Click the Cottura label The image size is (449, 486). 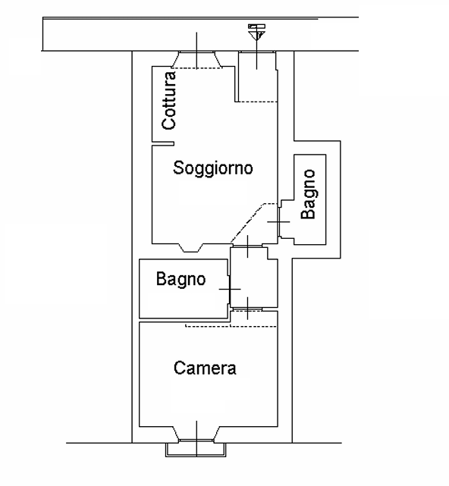(169, 100)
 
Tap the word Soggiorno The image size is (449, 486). (212, 168)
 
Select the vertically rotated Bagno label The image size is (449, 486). (309, 194)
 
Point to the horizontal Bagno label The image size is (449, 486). (181, 279)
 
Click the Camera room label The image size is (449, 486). (205, 368)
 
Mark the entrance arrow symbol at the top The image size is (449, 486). (257, 32)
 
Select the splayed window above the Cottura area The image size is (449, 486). (196, 60)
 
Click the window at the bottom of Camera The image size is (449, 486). (196, 434)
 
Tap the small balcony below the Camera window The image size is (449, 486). (196, 450)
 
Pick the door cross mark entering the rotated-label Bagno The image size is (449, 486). (278, 222)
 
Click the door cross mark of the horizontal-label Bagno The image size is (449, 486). (230, 289)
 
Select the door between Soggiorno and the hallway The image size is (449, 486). (247, 246)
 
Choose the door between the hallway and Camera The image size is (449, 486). (247, 309)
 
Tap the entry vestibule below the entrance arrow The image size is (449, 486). (257, 77)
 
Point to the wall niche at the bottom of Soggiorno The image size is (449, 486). (191, 248)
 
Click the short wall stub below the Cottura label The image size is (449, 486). (163, 143)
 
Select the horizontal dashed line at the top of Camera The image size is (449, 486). (231, 326)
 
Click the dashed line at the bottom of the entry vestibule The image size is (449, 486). (256, 102)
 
